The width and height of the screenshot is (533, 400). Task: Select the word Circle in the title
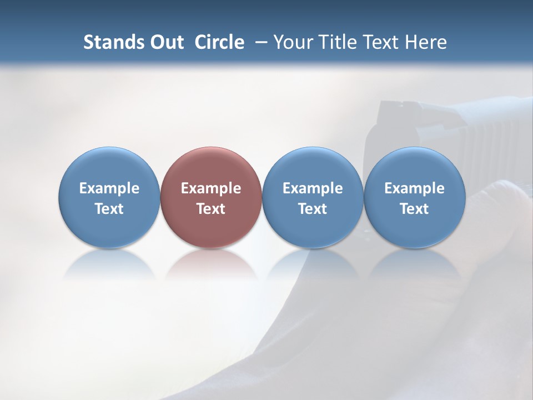click(219, 42)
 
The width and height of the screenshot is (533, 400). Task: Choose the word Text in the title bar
click(383, 42)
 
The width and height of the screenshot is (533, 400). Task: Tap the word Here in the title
click(426, 42)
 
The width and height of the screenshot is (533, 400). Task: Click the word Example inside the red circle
click(211, 188)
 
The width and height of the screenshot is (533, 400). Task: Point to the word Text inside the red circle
click(211, 209)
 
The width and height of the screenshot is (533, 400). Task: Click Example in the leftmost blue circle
click(109, 188)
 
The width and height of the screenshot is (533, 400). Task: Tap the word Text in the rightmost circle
click(415, 209)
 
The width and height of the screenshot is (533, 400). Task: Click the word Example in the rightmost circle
click(415, 188)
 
